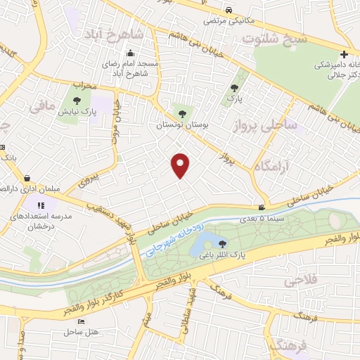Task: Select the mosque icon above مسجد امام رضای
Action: pos(131,53)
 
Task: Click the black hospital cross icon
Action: pos(344,54)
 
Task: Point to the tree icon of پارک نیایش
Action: pos(78,100)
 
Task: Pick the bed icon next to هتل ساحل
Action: pos(81,321)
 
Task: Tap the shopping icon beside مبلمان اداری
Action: pos(27,179)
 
